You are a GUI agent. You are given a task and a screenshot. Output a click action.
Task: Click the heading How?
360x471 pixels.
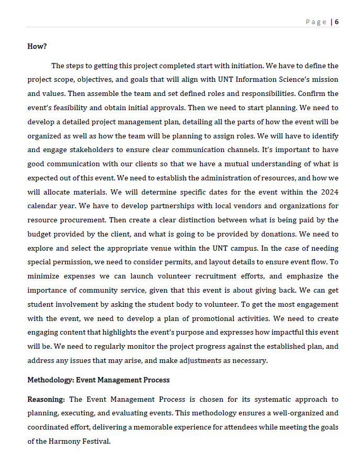pyautogui.click(x=37, y=46)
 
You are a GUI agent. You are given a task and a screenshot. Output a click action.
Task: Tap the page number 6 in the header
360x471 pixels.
pyautogui.click(x=336, y=22)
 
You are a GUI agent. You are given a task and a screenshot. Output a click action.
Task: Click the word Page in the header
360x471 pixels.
pyautogui.click(x=315, y=22)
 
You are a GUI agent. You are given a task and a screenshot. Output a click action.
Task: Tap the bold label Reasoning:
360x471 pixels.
pyautogui.click(x=46, y=399)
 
